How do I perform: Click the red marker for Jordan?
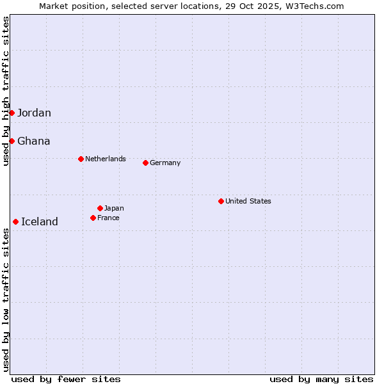point(12,113)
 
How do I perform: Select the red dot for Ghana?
point(12,141)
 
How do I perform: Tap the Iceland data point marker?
point(15,221)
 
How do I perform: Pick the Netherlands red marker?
point(81,159)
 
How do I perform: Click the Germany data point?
point(145,163)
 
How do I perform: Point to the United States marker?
point(221,201)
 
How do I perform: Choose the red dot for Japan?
point(100,208)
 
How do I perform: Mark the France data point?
point(93,218)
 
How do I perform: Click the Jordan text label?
point(34,113)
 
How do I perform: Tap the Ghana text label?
point(33,141)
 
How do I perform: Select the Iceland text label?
point(39,222)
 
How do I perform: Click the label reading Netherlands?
point(106,159)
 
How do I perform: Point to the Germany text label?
point(165,163)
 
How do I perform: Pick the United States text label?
point(248,201)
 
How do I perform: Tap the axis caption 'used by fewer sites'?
point(66,379)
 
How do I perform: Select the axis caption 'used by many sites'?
point(321,379)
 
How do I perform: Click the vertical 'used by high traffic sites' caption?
point(6,91)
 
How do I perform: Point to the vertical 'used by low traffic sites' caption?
point(6,300)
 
